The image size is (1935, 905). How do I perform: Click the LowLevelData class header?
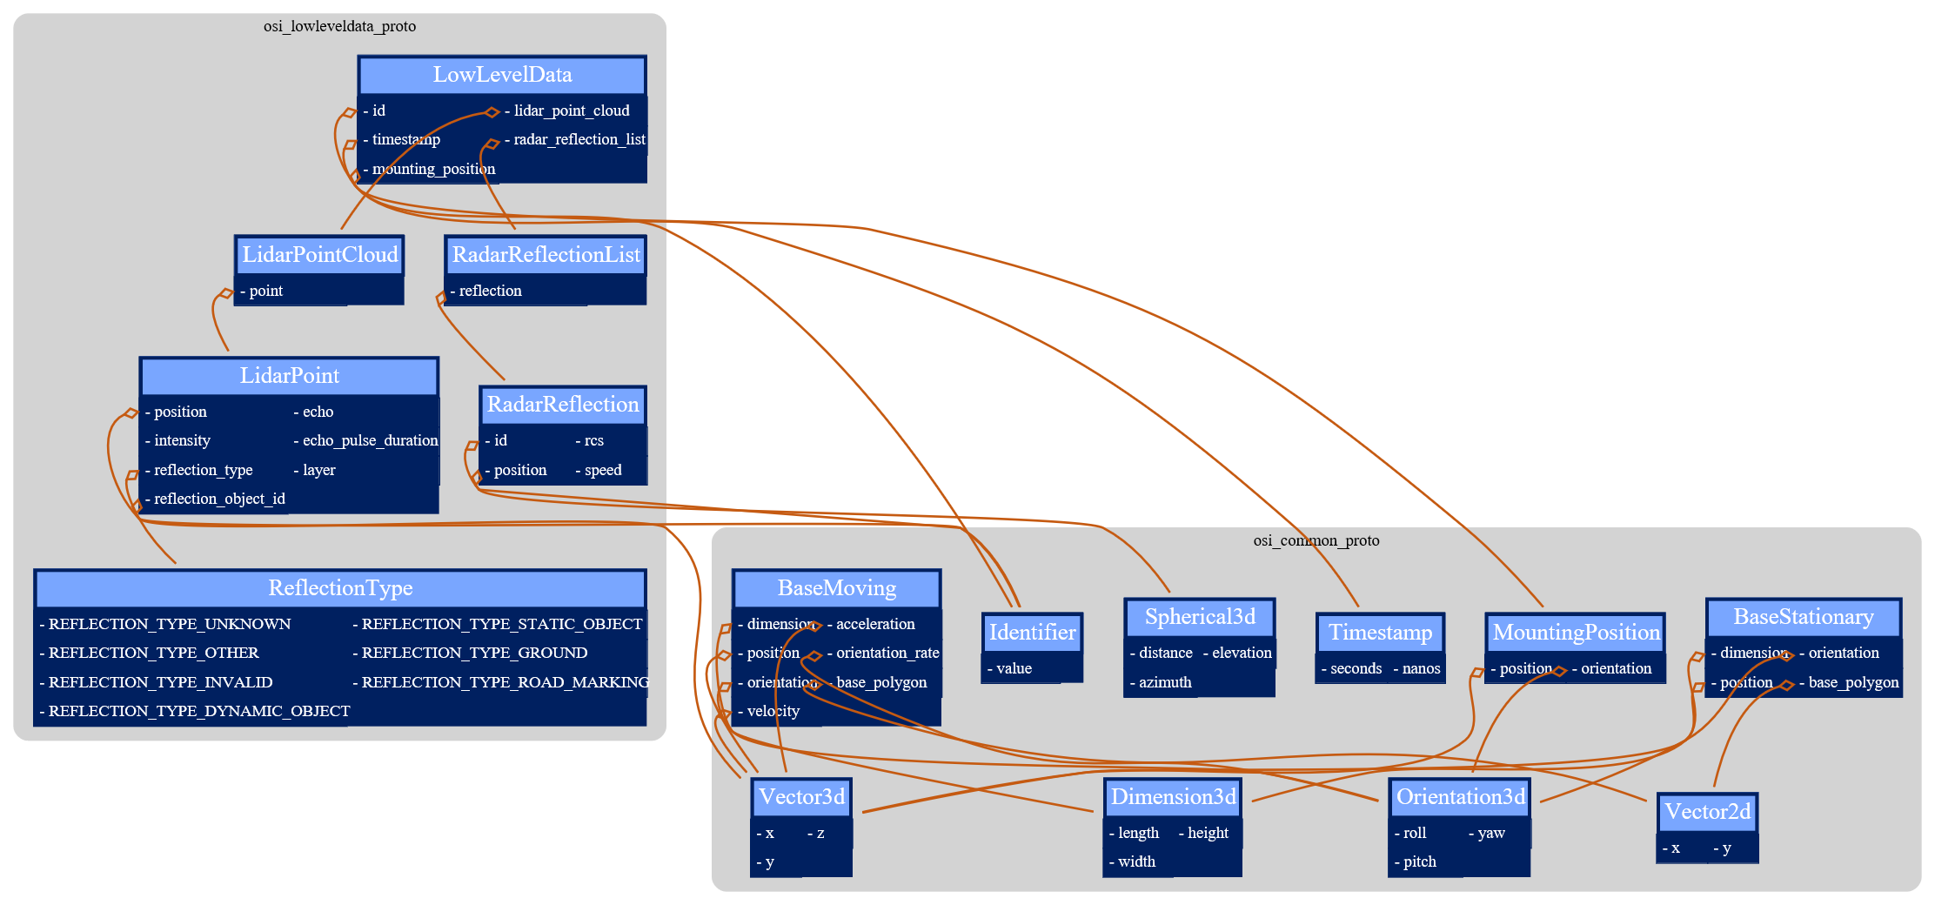click(502, 75)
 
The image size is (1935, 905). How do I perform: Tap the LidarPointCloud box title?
click(319, 255)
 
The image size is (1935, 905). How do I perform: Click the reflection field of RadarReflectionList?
click(490, 291)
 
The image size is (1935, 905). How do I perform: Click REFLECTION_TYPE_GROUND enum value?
click(474, 653)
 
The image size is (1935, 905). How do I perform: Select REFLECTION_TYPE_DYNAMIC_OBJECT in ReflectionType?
click(199, 711)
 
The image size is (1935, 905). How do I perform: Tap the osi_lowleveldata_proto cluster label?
click(339, 26)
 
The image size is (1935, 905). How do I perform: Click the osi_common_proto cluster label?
click(1316, 540)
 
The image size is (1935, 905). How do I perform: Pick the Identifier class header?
click(1032, 633)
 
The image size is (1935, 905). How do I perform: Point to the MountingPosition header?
click(1576, 633)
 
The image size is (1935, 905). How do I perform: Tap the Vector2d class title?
click(1707, 812)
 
